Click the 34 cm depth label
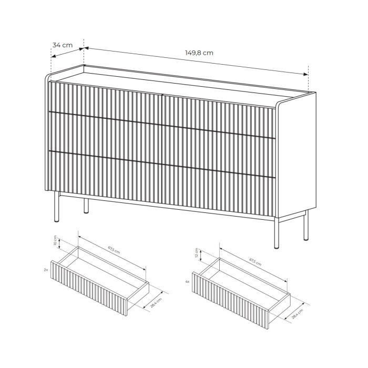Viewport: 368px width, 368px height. pos(63,45)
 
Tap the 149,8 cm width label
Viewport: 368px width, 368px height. pos(199,53)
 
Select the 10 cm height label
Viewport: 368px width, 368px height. pos(55,240)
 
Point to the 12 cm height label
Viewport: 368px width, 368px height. pos(197,253)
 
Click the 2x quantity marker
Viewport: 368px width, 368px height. pos(46,270)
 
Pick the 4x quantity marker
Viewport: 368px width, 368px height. pos(187,281)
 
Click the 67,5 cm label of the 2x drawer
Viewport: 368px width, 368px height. pos(114,250)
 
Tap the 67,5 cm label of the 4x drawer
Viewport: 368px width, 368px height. pos(255,262)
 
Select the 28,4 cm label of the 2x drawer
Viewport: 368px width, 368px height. pos(156,302)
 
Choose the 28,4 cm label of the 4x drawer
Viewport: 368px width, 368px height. pos(298,314)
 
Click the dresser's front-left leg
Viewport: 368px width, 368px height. pos(57,207)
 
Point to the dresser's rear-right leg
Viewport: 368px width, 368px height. pos(306,226)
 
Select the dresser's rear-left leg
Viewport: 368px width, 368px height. pos(86,206)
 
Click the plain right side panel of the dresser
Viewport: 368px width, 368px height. pos(295,155)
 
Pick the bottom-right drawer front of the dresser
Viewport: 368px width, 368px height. pos(219,189)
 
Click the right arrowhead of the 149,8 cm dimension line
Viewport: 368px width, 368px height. pos(305,74)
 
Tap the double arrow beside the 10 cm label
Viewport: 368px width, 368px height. pos(59,243)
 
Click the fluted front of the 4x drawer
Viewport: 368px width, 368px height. pos(230,300)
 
